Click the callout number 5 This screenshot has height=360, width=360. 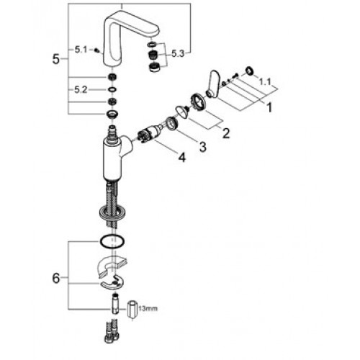[55, 59]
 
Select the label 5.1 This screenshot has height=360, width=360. [81, 50]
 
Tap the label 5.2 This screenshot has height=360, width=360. [81, 90]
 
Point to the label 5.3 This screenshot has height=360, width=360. [178, 54]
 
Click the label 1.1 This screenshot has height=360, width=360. [265, 82]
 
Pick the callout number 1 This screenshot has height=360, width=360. [269, 107]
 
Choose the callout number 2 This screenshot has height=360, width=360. [226, 133]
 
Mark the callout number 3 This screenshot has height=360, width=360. [203, 147]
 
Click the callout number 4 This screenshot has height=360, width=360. [182, 158]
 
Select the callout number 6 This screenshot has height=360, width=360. [55, 279]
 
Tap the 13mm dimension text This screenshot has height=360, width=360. [148, 308]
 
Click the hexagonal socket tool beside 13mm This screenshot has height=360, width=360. [132, 310]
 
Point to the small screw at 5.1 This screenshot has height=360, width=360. [97, 50]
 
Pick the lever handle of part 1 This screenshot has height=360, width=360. [212, 84]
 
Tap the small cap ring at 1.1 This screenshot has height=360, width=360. [249, 71]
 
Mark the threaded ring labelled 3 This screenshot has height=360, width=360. [171, 123]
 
